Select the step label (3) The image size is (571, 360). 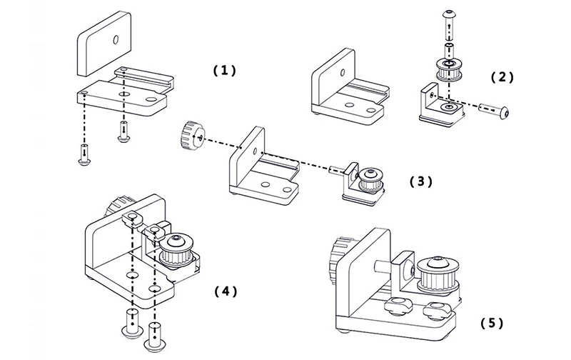(420, 181)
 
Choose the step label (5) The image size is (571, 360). (491, 324)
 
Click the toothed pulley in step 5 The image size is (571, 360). (438, 275)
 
